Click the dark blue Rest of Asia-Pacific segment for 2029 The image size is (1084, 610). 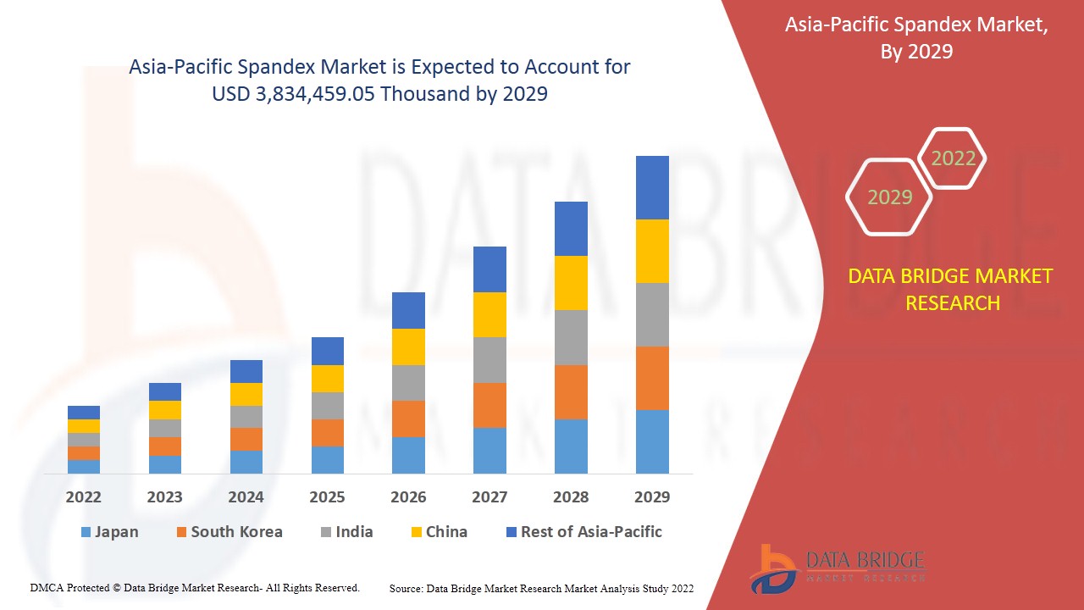coord(652,187)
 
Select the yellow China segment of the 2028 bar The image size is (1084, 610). coord(571,282)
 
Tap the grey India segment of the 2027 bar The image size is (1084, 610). coord(489,359)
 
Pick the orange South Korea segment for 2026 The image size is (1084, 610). coord(408,419)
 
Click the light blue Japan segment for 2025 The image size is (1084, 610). coord(328,459)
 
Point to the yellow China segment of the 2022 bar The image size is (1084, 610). coord(84,425)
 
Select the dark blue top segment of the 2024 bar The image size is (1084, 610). coord(246,371)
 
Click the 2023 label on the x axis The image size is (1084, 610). coord(164,497)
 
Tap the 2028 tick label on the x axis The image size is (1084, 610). coord(571,497)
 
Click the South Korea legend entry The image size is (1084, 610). coord(229,532)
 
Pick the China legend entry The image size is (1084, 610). coord(438,532)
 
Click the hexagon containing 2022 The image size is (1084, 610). coord(953,158)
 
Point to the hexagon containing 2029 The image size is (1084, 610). coord(889,197)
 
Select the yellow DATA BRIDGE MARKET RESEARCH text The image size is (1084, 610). coord(952,289)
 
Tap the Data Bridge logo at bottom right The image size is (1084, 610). coord(834,568)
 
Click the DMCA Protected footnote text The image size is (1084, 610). coord(195,587)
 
